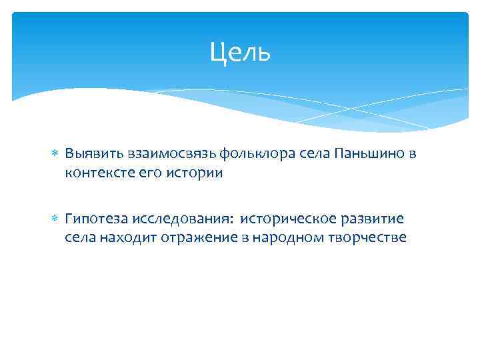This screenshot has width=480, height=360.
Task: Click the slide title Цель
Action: (x=240, y=52)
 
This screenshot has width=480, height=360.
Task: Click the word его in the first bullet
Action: (x=146, y=172)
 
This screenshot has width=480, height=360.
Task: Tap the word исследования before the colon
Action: (x=181, y=219)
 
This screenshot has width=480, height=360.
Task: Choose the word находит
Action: (x=128, y=237)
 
